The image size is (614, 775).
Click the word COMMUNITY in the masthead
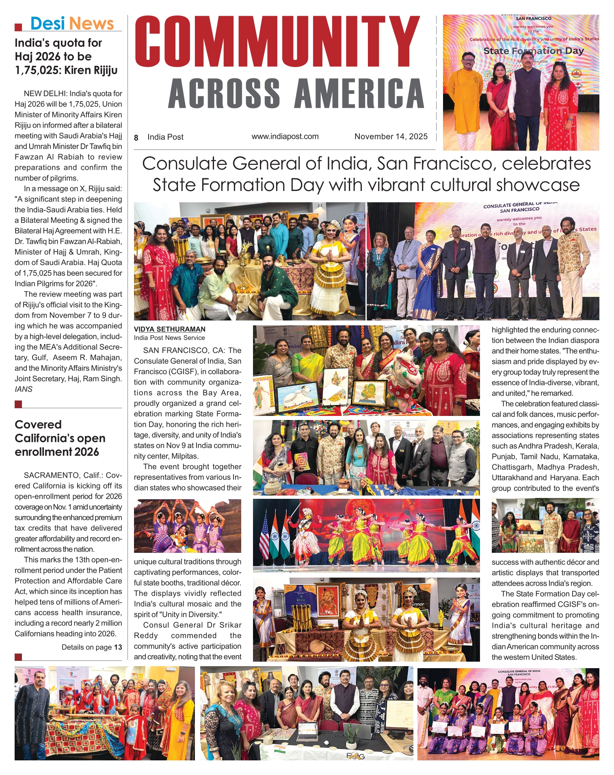point(276,41)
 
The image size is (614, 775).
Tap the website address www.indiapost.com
point(285,136)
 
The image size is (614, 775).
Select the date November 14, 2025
point(391,136)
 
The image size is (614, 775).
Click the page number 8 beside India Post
point(136,138)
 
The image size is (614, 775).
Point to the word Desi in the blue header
point(48,24)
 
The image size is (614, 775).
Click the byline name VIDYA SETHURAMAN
point(170,329)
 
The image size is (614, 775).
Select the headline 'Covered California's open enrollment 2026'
point(60,438)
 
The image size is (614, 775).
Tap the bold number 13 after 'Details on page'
point(118,647)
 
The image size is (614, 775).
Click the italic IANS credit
point(24,389)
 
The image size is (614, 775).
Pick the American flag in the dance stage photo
point(264,535)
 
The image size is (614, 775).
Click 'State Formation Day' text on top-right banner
point(533,51)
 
